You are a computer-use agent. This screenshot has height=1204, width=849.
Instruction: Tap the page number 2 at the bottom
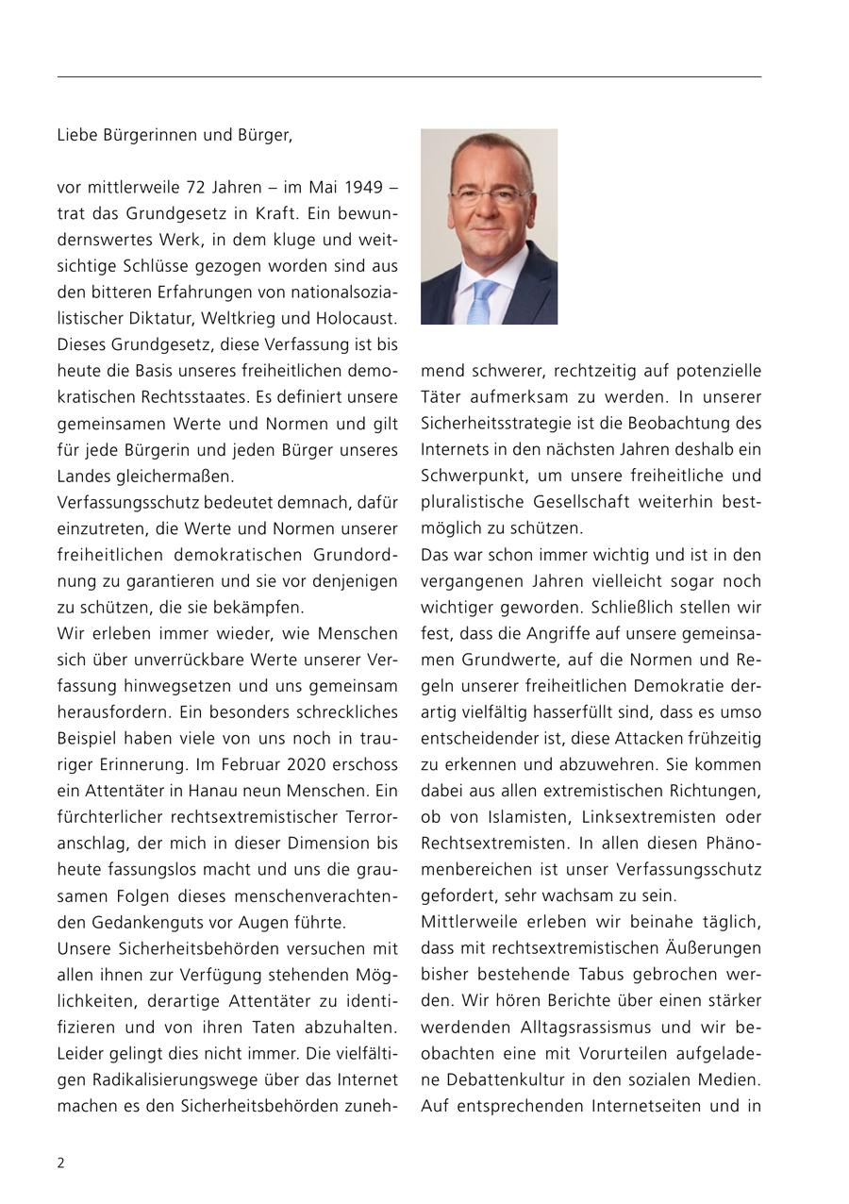coord(61,1162)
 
